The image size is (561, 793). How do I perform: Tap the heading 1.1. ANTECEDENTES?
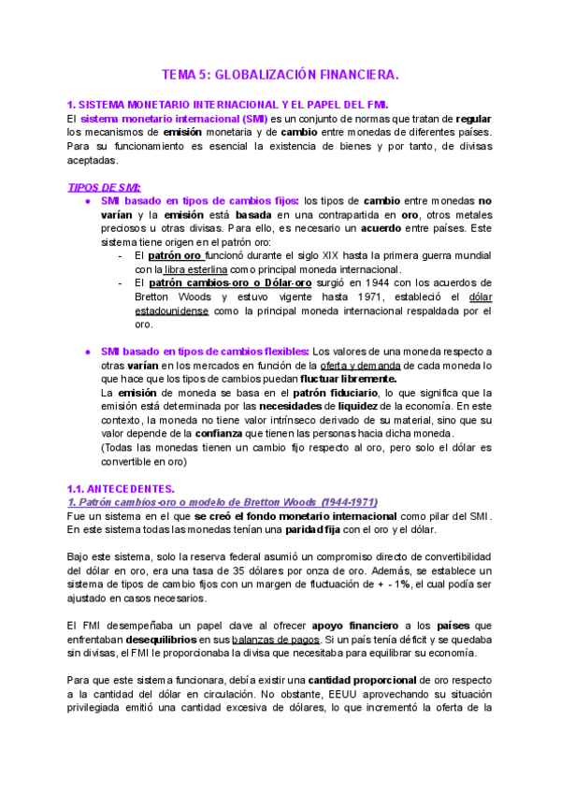click(121, 488)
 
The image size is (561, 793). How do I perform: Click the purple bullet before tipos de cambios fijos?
click(87, 201)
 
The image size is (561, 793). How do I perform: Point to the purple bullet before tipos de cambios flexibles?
click(87, 351)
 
